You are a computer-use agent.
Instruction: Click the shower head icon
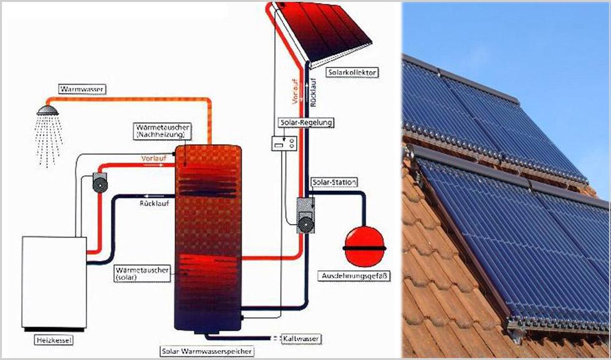click(x=47, y=110)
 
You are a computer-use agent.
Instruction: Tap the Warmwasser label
click(x=82, y=90)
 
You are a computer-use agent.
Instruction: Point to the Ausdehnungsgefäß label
click(x=349, y=275)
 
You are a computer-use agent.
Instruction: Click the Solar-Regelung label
click(x=304, y=122)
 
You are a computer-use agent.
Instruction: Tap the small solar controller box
click(x=284, y=144)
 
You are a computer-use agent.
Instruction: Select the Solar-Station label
click(x=334, y=182)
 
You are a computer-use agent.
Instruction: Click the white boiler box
click(x=54, y=281)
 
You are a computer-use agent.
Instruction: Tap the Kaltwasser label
click(x=302, y=338)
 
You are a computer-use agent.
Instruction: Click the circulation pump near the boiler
click(x=100, y=182)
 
